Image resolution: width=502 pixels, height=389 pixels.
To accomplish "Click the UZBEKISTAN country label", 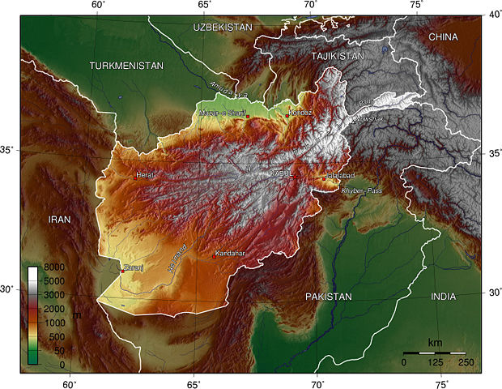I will click(x=223, y=28).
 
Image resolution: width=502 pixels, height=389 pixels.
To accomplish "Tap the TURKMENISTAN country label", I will click(x=126, y=65).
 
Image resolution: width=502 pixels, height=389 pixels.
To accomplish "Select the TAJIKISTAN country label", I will click(x=338, y=56).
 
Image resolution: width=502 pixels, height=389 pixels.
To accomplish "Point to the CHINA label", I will click(x=443, y=37).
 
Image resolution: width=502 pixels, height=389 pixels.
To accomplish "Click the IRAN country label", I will click(x=59, y=220).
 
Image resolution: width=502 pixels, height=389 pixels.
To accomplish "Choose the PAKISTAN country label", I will click(x=328, y=297).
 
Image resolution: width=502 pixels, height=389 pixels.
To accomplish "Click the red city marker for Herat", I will click(x=135, y=175).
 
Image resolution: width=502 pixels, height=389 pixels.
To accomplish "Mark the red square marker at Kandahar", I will click(x=214, y=256).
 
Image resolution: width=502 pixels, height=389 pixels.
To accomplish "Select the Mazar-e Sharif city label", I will click(x=223, y=113).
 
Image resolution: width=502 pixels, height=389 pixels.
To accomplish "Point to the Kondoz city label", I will click(x=300, y=113).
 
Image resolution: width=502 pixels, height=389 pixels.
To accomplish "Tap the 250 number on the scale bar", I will click(x=465, y=361).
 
